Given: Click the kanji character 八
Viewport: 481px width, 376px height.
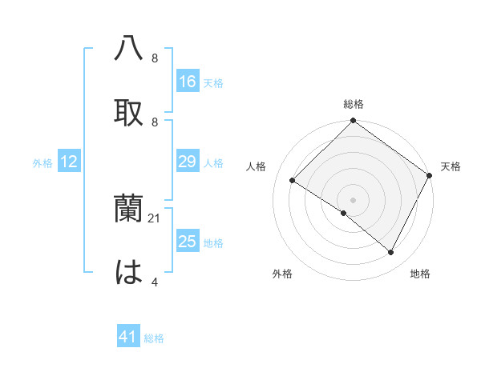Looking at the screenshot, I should click(x=129, y=49).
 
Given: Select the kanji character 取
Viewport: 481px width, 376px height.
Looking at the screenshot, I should click(x=129, y=112).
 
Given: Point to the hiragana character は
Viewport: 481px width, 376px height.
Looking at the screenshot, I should click(x=129, y=272).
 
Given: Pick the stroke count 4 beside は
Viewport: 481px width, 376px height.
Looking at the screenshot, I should click(x=154, y=282).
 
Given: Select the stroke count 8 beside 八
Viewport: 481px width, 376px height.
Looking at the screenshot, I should click(x=154, y=58).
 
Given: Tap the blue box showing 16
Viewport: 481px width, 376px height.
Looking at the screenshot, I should click(x=188, y=82).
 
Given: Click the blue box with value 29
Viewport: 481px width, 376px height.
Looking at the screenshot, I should click(x=188, y=162).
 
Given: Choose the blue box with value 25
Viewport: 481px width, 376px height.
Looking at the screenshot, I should click(x=188, y=242).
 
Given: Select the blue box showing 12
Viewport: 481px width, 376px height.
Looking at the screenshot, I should click(x=69, y=162).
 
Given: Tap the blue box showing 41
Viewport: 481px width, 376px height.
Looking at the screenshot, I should click(x=128, y=338).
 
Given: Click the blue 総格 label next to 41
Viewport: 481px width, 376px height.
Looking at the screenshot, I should click(x=154, y=338).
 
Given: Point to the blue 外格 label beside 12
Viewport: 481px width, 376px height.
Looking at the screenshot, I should click(x=42, y=163).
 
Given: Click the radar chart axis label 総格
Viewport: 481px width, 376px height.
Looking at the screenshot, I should click(x=354, y=104).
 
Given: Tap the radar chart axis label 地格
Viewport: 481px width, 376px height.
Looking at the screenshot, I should click(x=420, y=274).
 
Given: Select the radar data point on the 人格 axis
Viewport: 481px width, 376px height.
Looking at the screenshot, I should click(x=293, y=181).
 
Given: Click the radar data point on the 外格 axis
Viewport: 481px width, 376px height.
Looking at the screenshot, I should click(x=343, y=213).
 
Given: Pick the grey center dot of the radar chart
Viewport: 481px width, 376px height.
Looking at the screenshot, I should click(x=354, y=199).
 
